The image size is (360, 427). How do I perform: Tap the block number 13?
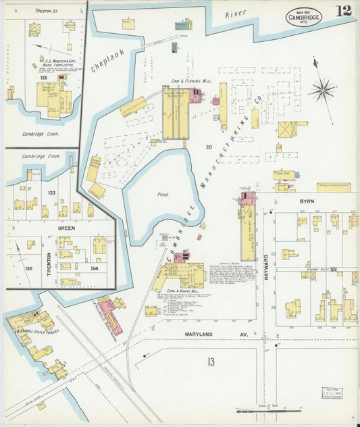[211, 363]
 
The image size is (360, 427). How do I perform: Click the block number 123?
[51, 193]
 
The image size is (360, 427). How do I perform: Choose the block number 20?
[209, 147]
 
